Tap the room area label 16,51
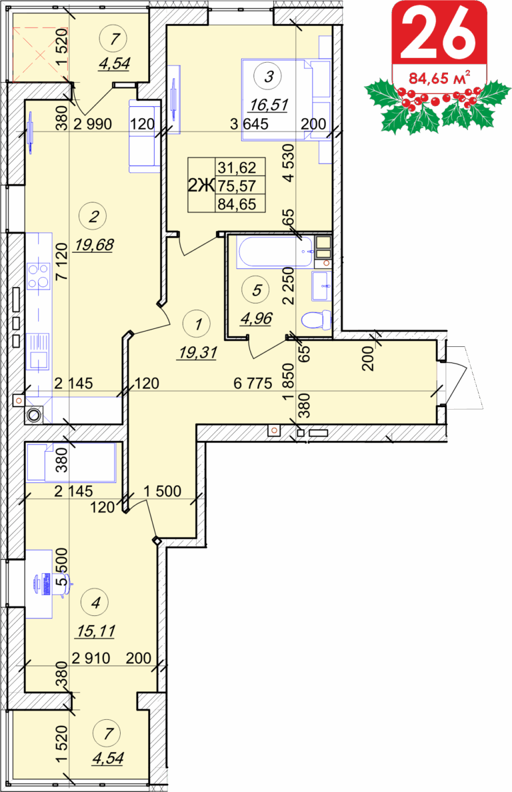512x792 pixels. (x=269, y=105)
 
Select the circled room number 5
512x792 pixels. (x=257, y=290)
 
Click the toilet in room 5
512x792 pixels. (x=316, y=320)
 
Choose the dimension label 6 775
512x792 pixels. (x=253, y=384)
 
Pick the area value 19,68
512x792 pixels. (x=94, y=245)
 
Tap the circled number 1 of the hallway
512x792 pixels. (x=198, y=324)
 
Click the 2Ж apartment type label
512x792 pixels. (x=201, y=186)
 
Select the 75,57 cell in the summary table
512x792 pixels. (x=237, y=186)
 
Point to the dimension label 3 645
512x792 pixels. (x=249, y=123)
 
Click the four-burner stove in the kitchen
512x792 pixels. (x=39, y=276)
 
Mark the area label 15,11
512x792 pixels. (x=97, y=631)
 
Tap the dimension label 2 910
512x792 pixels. (x=91, y=658)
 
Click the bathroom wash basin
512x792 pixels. (x=322, y=286)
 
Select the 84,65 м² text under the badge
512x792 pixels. (x=439, y=78)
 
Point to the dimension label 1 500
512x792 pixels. (x=163, y=491)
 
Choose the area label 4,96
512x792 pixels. (x=256, y=319)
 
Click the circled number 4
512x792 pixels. (x=96, y=603)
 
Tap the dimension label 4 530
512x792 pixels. (x=288, y=163)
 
